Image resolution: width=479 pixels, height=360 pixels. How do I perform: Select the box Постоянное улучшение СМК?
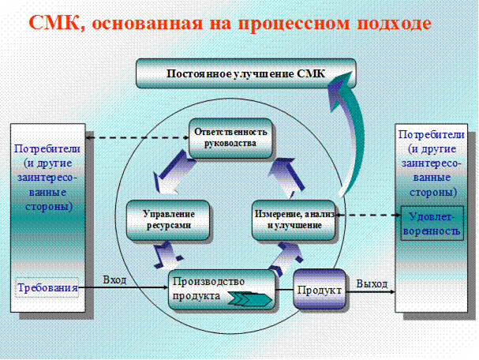tap(245, 74)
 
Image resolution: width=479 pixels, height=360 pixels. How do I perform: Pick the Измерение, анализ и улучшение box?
tap(288, 219)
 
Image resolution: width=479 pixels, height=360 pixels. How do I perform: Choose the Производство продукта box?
tap(223, 289)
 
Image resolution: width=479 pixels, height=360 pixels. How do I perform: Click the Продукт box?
tap(320, 291)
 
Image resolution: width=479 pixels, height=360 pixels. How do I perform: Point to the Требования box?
tap(48, 288)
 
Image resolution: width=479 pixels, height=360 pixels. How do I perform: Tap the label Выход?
tap(370, 282)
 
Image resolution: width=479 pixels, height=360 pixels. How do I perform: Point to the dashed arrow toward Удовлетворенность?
tap(371, 214)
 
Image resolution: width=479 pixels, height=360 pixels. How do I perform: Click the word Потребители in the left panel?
tap(48, 148)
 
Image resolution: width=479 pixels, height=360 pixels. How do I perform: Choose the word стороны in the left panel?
tap(48, 207)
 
